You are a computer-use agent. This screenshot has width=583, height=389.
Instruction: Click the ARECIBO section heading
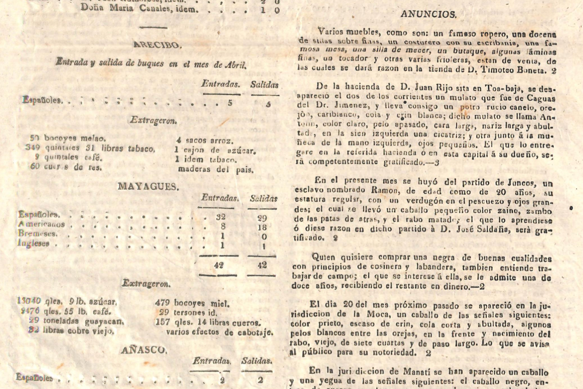[156, 45]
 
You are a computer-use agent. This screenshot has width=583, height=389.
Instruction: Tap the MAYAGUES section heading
[148, 186]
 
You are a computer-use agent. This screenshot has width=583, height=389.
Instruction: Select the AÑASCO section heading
[143, 349]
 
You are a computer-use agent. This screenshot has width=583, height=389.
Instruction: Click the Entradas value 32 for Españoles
[221, 217]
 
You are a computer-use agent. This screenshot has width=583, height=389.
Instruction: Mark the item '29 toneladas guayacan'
[76, 322]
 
